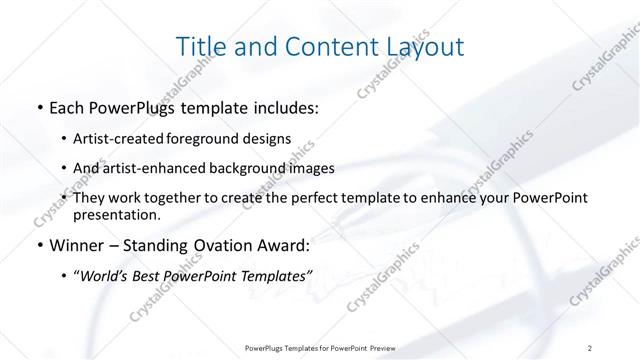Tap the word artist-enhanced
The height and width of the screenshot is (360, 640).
(x=146, y=169)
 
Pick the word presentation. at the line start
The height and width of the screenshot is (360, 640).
(x=116, y=215)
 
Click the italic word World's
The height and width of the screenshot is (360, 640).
(x=108, y=275)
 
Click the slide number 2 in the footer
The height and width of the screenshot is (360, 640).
(x=591, y=347)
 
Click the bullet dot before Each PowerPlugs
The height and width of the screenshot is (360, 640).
(x=38, y=107)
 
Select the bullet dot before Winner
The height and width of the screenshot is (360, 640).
(x=38, y=245)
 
